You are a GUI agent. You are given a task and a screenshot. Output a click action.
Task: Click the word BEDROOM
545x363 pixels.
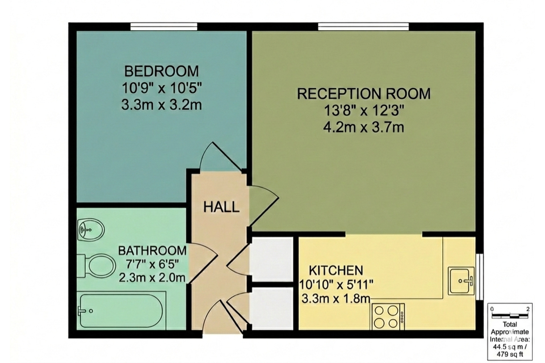(x=162, y=71)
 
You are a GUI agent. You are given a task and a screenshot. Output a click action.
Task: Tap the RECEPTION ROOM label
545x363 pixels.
(x=364, y=94)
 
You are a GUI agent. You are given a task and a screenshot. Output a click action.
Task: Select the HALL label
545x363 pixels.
(x=221, y=207)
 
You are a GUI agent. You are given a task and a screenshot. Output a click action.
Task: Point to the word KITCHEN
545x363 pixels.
(x=336, y=271)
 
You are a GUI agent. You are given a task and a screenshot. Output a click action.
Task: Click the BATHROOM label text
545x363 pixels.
(x=152, y=251)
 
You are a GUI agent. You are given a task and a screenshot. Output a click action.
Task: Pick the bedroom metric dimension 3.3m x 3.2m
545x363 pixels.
(x=162, y=105)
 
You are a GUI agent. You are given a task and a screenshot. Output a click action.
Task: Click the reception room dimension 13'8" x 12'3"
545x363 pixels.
(x=364, y=110)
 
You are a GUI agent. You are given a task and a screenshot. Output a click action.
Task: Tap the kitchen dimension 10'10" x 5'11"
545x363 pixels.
(x=336, y=284)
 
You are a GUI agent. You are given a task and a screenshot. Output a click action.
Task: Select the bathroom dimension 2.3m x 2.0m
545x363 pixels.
(x=152, y=277)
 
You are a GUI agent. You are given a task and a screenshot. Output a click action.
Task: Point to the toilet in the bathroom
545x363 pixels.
(x=97, y=266)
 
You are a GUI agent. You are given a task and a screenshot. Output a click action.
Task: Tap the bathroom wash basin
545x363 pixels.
(x=91, y=229)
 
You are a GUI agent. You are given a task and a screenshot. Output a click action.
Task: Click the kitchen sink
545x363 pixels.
(x=461, y=281)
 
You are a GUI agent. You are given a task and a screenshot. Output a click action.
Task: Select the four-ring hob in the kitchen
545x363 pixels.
(x=388, y=317)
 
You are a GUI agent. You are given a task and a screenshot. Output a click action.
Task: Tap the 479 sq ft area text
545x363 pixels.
(x=510, y=354)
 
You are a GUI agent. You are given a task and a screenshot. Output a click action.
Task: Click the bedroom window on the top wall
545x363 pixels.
(x=164, y=27)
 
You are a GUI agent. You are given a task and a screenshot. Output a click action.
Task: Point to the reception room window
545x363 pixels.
(x=363, y=27)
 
